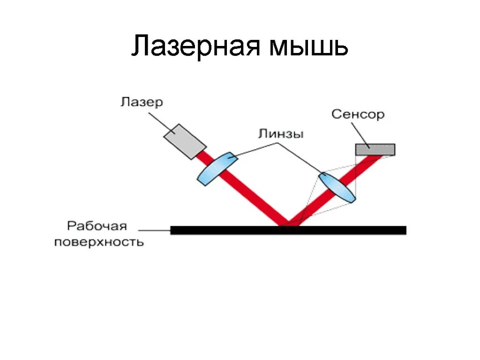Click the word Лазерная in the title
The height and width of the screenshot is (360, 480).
(x=196, y=47)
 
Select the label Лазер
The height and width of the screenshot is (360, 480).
(x=141, y=102)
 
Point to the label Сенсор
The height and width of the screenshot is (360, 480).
(x=358, y=114)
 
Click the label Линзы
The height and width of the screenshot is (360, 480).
(x=281, y=134)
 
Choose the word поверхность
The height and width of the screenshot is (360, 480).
(x=99, y=242)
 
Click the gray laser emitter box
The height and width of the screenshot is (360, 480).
(x=185, y=142)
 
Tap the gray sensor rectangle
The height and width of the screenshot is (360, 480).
(x=375, y=149)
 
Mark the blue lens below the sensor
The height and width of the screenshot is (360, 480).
(x=337, y=187)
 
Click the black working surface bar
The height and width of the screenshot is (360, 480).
(x=288, y=230)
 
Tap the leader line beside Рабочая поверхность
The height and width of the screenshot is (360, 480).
(x=155, y=230)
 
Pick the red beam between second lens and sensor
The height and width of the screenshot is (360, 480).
(x=368, y=166)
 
